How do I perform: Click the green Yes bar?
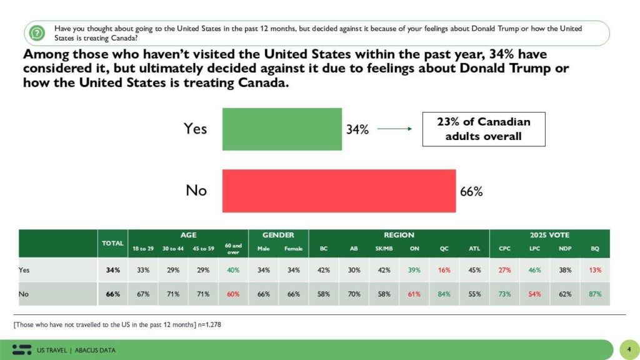click(282, 129)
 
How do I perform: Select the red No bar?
click(339, 191)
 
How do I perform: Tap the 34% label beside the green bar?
click(357, 129)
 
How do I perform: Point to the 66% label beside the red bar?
click(471, 191)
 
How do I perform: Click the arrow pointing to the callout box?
click(394, 129)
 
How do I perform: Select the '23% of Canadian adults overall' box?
click(484, 129)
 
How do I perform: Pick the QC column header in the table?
click(444, 248)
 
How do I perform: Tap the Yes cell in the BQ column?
click(595, 270)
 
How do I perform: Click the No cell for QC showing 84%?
click(444, 294)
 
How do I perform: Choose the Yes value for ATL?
click(474, 270)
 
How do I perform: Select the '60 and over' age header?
click(232, 248)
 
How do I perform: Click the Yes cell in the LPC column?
click(534, 270)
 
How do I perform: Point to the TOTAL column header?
click(112, 242)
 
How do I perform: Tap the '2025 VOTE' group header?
click(550, 235)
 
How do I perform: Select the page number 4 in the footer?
click(627, 349)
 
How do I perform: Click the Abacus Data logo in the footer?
click(22, 349)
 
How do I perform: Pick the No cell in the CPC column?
click(504, 294)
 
